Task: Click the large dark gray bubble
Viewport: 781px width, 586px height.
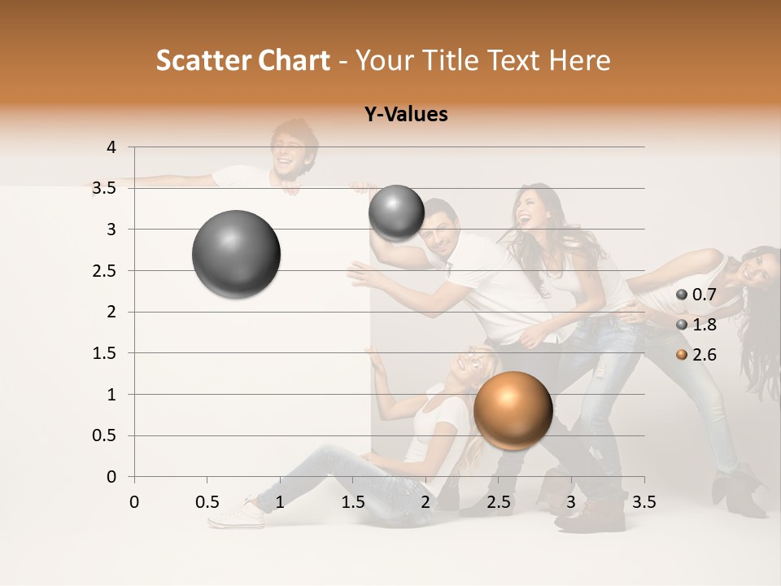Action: pos(236,254)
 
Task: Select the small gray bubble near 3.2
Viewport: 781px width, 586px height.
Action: pos(396,212)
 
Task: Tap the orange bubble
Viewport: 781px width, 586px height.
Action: pos(513,410)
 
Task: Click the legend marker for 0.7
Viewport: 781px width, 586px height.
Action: pos(682,295)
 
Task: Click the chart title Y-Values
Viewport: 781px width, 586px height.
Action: pos(405,115)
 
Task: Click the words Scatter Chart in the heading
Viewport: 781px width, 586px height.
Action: pos(242,60)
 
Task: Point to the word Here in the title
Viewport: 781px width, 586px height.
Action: pos(579,60)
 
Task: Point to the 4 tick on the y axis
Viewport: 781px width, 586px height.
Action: pos(111,147)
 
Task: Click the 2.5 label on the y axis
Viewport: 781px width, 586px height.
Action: pos(104,271)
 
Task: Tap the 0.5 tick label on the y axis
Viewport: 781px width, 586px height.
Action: pos(104,436)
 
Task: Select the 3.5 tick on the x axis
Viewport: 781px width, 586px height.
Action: pos(644,502)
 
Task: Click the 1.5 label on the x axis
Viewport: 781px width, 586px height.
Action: pos(352,502)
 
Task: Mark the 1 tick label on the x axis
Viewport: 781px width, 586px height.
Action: pos(280,502)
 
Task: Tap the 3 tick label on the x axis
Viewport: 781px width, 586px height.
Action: pos(570,502)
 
